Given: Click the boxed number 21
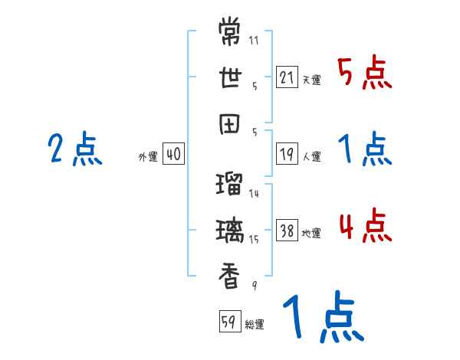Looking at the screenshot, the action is [287, 77].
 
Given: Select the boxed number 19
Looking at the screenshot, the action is [287, 154].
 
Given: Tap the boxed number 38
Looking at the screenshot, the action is [287, 231].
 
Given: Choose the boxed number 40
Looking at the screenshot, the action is [173, 154].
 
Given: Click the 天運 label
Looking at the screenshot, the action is [311, 80].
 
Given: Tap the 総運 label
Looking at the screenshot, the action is [254, 324].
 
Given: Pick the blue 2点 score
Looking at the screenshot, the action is [74, 149].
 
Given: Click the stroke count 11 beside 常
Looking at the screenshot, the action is [253, 40].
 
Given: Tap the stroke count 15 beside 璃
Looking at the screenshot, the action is [254, 239].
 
